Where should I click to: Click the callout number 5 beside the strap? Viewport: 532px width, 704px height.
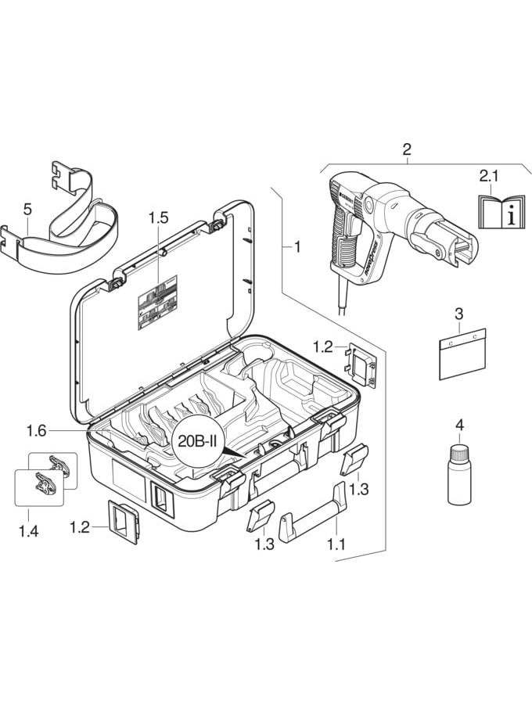coord(28,210)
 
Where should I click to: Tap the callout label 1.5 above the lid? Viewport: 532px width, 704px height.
coord(158,218)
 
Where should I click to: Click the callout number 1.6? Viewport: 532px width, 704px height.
coord(37,430)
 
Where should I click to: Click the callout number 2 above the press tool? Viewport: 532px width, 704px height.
coord(406,149)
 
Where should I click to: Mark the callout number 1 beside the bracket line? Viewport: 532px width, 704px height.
coord(297,247)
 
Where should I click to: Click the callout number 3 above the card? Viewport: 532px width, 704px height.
coord(459,314)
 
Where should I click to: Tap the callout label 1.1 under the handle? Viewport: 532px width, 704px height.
coord(335,544)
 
